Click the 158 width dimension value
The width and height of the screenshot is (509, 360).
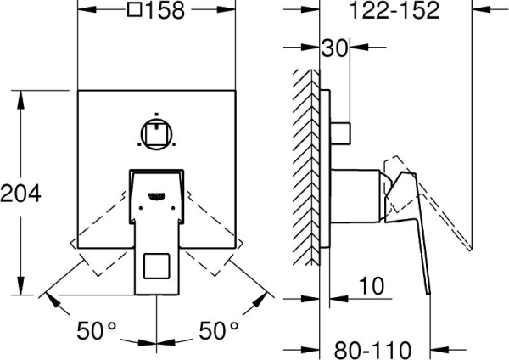point(165,10)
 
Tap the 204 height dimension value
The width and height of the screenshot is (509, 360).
point(20,194)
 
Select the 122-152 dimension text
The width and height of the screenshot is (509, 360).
point(394,10)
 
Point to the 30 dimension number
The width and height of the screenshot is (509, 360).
point(334,48)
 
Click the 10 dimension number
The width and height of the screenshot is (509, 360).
point(372,286)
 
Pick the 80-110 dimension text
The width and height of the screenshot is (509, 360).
point(372,350)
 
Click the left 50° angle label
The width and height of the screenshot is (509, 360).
point(96,330)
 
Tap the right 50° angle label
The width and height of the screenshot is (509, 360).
point(218,330)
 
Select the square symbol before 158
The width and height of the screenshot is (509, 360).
point(135,9)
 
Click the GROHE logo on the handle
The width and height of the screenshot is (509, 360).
point(157,195)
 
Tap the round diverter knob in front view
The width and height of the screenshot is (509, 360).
point(156,134)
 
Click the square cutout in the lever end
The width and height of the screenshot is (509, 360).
point(156,266)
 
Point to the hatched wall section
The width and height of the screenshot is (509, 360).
point(306,167)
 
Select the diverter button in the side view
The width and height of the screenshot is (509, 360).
point(340,133)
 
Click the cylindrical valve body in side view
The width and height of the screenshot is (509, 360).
point(355,196)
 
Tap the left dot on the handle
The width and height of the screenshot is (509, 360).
point(141,208)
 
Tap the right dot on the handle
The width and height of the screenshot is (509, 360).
point(173,208)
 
